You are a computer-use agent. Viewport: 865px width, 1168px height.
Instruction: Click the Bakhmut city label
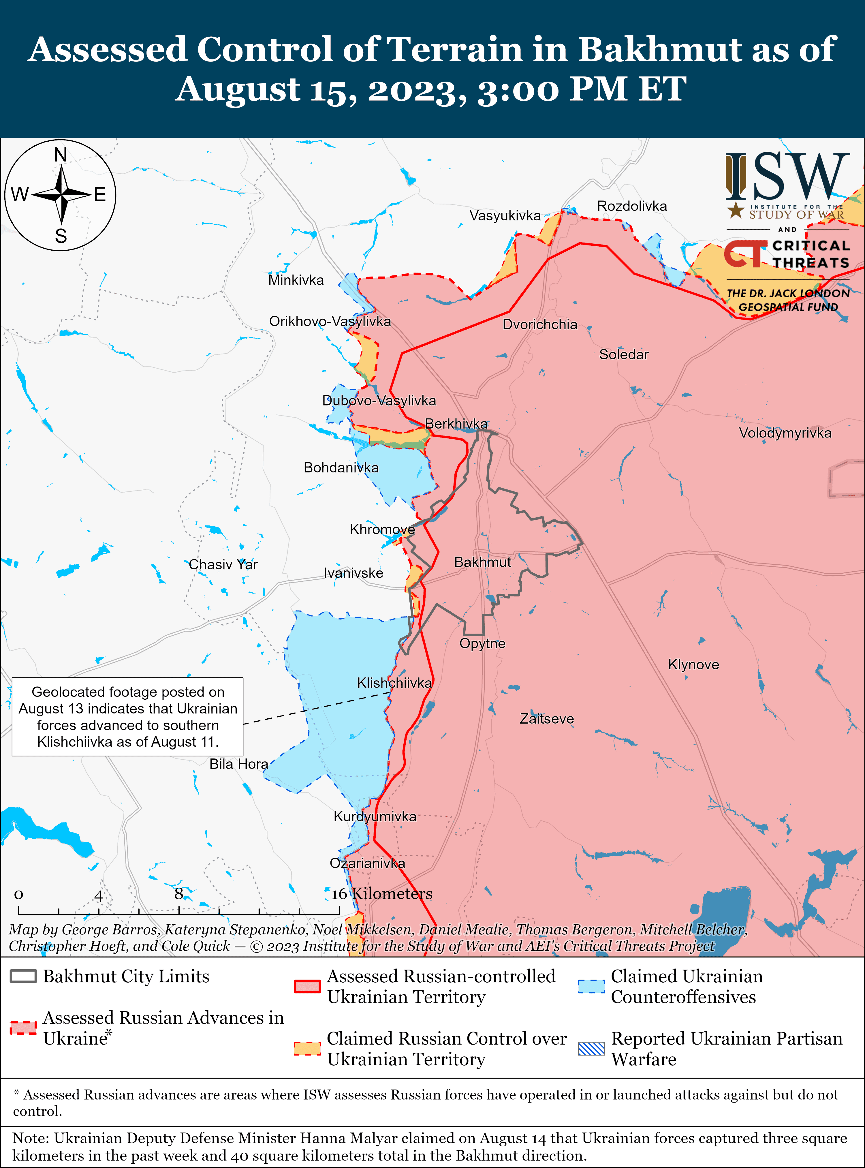click(482, 562)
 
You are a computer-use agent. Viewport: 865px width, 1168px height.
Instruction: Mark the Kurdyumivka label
click(375, 816)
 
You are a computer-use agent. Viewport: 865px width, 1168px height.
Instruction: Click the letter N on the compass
click(61, 155)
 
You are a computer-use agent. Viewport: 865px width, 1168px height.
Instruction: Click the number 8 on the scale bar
click(178, 893)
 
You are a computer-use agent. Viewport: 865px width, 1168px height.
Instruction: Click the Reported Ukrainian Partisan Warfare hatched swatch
click(591, 1049)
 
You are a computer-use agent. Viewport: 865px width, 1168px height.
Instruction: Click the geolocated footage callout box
click(128, 716)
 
